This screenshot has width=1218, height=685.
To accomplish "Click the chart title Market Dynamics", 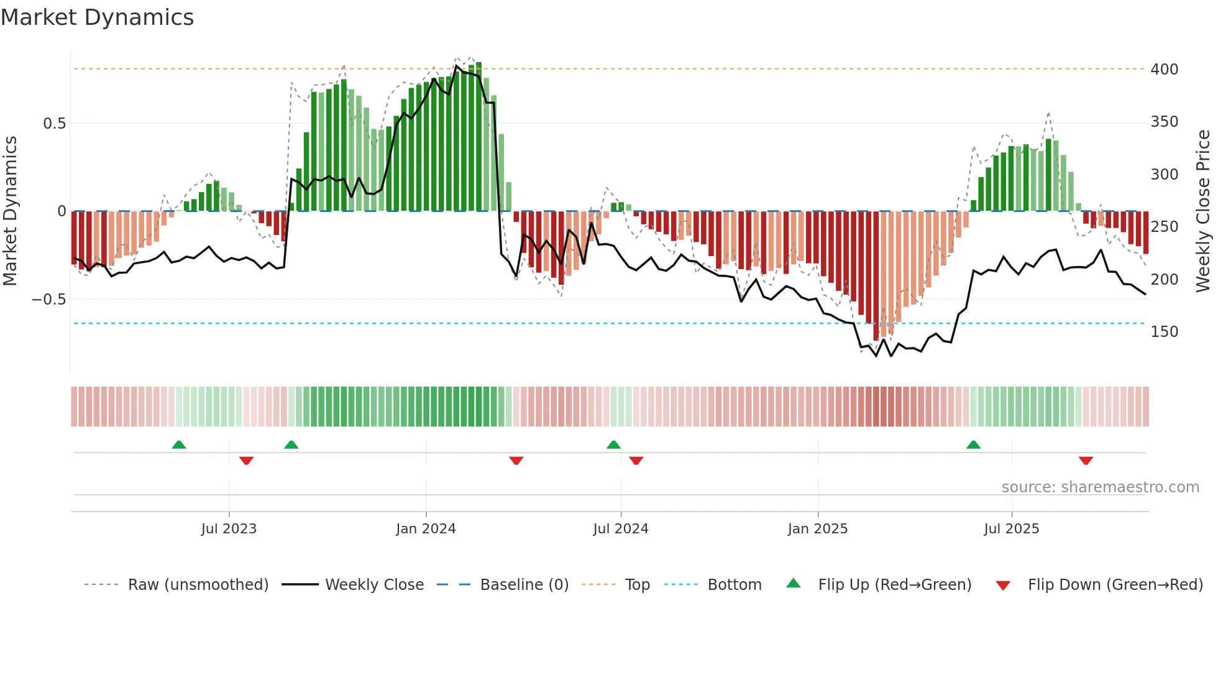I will click(97, 17).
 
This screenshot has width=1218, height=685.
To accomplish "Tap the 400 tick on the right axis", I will click(1164, 69).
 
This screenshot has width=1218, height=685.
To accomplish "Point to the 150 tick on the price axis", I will click(1164, 331).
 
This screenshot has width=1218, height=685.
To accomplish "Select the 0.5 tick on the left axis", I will click(54, 123).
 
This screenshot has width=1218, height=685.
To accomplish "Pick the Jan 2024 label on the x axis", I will click(426, 528).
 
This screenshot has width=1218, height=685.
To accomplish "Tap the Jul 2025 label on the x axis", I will click(1011, 528).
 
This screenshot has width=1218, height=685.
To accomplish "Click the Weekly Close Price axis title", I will click(1203, 211).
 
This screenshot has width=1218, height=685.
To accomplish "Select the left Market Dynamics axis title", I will click(11, 211).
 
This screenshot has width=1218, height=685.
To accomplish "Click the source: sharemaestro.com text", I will click(1100, 487).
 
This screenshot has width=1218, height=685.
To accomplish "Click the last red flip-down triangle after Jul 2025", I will click(1086, 461).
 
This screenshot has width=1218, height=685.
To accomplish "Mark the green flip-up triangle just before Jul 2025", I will click(973, 444).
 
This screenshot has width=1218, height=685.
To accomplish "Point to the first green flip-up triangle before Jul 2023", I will click(179, 444).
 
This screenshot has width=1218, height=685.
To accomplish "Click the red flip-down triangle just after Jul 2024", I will click(636, 461).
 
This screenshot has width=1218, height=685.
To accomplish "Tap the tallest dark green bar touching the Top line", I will click(478, 137).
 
